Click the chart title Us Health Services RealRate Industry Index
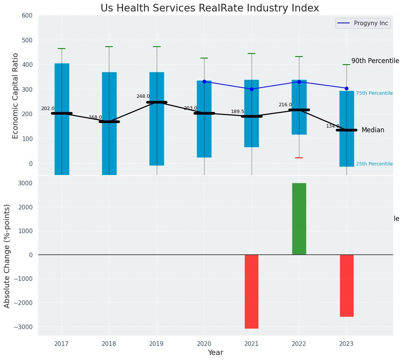pyautogui.click(x=210, y=8)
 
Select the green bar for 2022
pyautogui.click(x=299, y=219)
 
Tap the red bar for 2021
pyautogui.click(x=252, y=291)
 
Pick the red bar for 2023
pyautogui.click(x=346, y=285)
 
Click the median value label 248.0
pyautogui.click(x=143, y=96)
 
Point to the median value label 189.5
pyautogui.click(x=237, y=112)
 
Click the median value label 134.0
pyautogui.click(x=333, y=126)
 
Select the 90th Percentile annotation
pyautogui.click(x=375, y=61)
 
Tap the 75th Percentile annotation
pyautogui.click(x=374, y=93)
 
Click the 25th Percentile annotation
pyautogui.click(x=374, y=164)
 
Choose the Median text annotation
pyautogui.click(x=373, y=130)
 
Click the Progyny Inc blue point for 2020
pyautogui.click(x=204, y=81)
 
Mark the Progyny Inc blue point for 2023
pyautogui.click(x=346, y=88)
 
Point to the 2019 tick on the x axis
pyautogui.click(x=156, y=344)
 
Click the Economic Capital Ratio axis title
pyautogui.click(x=16, y=96)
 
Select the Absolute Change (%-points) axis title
pyautogui.click(x=7, y=256)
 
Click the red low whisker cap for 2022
pyautogui.click(x=299, y=158)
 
